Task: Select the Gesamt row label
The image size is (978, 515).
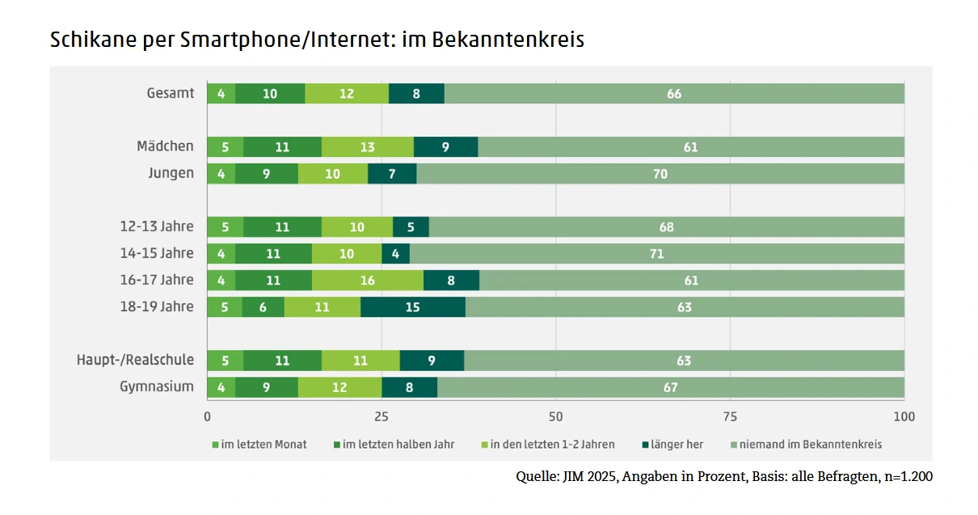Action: (x=171, y=93)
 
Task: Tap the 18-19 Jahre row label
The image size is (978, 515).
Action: (x=157, y=306)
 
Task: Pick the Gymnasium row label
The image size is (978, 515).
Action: (x=157, y=386)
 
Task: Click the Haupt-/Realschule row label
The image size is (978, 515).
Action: (x=135, y=360)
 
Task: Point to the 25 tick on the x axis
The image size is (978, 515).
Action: (x=381, y=417)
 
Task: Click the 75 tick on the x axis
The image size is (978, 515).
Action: (x=730, y=417)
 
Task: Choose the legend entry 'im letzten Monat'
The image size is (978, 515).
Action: (x=263, y=444)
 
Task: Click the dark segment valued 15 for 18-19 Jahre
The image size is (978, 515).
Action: (x=413, y=307)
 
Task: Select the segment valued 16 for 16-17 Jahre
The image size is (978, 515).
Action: (x=368, y=281)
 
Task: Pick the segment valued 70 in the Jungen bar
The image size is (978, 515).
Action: (x=660, y=174)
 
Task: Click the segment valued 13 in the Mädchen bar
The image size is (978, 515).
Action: (x=368, y=147)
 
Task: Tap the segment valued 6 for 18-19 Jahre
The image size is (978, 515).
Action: (x=263, y=307)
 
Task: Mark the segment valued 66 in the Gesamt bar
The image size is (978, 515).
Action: (x=674, y=94)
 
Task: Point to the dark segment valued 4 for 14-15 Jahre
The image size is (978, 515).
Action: (x=395, y=254)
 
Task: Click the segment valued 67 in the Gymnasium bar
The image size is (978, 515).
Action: (x=670, y=387)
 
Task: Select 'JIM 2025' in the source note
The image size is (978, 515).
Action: (x=588, y=477)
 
